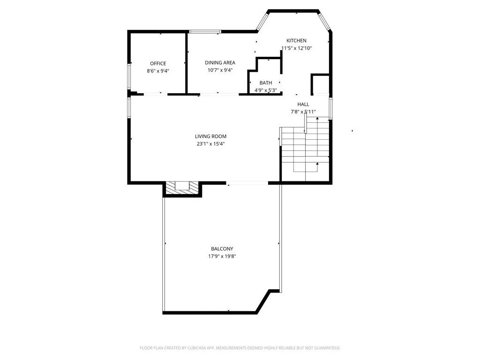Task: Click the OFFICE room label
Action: [158, 64]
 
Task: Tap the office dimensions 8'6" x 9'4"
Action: [158, 71]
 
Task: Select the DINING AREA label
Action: [220, 63]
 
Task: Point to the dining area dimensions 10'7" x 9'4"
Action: [220, 70]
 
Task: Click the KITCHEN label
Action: [296, 41]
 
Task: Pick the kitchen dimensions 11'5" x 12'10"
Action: [296, 48]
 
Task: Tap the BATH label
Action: [266, 83]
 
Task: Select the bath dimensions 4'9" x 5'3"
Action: [266, 90]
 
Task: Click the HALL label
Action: [303, 104]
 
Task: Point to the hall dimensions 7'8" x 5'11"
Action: [303, 112]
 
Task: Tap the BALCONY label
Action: [222, 249]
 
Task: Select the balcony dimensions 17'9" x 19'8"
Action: [222, 256]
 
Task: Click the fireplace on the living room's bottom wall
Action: [182, 187]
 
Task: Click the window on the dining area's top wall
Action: [205, 32]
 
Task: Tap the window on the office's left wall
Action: [129, 76]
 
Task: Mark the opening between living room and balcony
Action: [247, 183]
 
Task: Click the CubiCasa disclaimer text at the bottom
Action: [240, 348]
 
